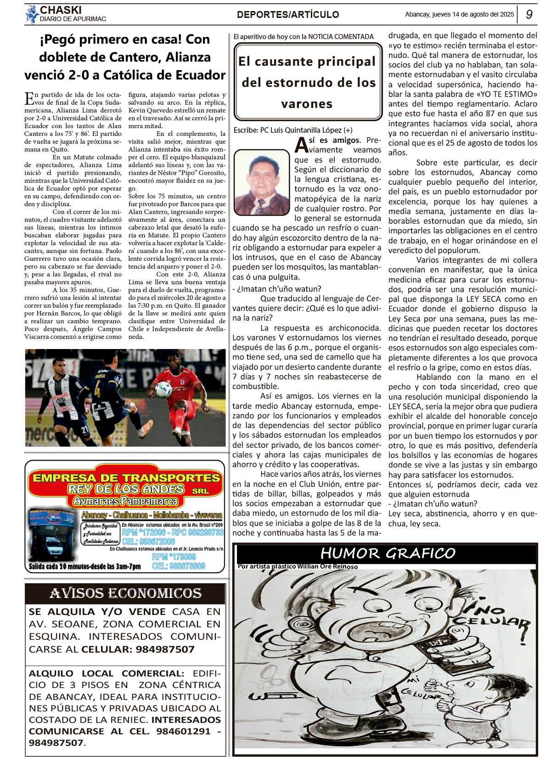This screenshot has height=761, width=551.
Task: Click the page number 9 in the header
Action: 529,14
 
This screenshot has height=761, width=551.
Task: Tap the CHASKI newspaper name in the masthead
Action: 61,10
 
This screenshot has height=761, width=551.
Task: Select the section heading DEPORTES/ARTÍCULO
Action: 288,15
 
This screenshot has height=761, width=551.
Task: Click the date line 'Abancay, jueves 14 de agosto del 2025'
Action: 459,15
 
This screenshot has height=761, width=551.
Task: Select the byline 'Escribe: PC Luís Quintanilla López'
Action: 293,130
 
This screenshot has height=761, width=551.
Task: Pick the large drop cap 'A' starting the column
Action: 301,145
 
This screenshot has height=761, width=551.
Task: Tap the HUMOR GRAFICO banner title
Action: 388,553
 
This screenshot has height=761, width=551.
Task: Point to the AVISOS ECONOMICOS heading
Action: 125,594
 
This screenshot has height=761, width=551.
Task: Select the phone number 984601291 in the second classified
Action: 183,731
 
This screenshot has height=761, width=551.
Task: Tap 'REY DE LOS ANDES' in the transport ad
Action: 126,489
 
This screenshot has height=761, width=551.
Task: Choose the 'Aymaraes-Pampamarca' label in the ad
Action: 125,501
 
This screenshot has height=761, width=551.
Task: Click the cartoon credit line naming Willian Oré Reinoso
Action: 298,567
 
